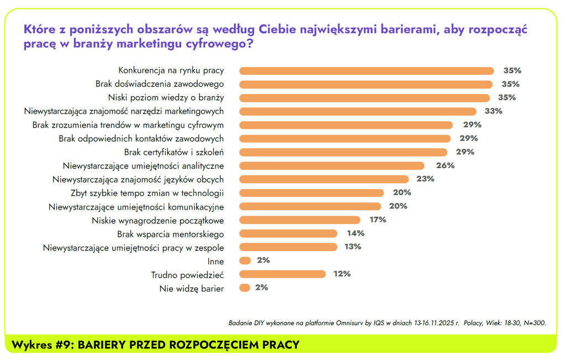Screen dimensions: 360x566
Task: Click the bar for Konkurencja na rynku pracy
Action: [366, 71]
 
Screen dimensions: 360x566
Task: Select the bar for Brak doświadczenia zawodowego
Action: [365, 84]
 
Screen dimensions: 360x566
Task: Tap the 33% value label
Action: [493, 111]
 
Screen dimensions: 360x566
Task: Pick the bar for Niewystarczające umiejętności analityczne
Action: [332, 165]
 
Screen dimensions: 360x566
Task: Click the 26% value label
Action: [445, 165]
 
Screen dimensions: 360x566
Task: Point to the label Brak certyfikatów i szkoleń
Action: [174, 152]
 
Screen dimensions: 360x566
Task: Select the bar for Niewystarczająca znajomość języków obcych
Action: [324, 179]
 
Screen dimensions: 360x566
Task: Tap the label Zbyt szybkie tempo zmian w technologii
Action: [147, 193]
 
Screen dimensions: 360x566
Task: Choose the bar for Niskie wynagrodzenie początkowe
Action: [300, 220]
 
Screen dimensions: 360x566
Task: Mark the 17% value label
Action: [378, 220]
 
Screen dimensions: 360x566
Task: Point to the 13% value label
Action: [353, 247]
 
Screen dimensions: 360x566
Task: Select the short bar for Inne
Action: [245, 260]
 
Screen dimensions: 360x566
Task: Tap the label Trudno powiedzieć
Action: [187, 274]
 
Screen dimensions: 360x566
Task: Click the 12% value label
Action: [342, 274]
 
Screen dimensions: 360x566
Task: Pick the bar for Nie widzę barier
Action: [245, 288]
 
